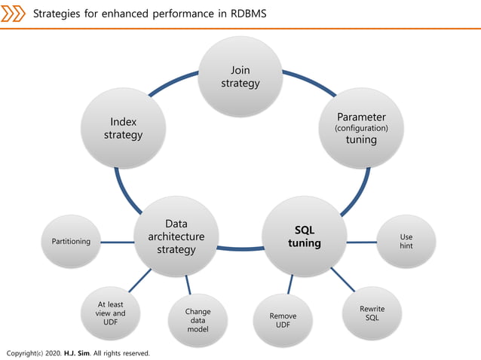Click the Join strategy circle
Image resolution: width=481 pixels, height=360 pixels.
[240, 76]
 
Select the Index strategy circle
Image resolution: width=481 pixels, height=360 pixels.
[123, 128]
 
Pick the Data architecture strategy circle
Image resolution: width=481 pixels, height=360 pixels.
[176, 236]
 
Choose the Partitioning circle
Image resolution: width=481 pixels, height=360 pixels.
[71, 242]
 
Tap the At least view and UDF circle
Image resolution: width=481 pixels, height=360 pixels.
[112, 313]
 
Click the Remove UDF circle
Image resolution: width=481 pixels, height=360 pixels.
[283, 321]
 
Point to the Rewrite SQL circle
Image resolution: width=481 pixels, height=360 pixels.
[372, 313]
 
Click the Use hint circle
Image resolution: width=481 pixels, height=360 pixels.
[406, 242]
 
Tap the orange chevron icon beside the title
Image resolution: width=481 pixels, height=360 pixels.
[14, 14]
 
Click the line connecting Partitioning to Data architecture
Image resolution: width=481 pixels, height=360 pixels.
[117, 242]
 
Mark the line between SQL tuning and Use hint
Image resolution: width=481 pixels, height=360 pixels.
[361, 242]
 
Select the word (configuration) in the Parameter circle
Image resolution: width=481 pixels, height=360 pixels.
[361, 129]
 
